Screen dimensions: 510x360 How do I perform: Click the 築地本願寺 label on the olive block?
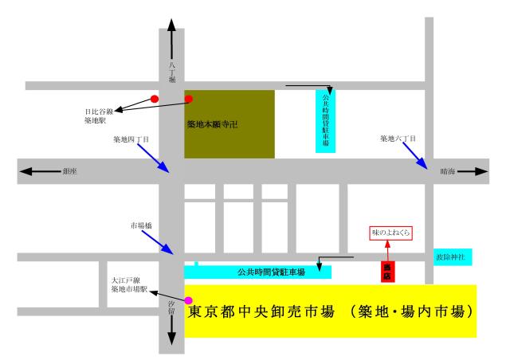point(213,124)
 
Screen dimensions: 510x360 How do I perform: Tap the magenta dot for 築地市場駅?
point(188,300)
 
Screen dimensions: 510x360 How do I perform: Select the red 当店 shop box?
point(388,272)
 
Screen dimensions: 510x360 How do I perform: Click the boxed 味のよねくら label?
point(390,233)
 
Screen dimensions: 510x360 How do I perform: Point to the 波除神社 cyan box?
point(453,257)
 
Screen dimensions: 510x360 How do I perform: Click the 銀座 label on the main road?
point(69,171)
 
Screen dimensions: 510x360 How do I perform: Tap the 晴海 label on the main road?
point(448,171)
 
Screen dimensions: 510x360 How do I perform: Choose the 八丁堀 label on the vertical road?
point(172,72)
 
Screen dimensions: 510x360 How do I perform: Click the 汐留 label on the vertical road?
point(171,307)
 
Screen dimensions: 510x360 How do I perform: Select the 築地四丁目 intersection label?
point(131,139)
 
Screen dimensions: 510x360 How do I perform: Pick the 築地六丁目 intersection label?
point(398,139)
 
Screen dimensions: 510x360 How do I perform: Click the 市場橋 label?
point(141,225)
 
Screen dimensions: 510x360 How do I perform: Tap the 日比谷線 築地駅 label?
point(99,116)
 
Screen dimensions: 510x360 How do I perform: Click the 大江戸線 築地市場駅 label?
point(129,284)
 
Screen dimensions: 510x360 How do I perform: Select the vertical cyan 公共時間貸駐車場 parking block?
point(325,121)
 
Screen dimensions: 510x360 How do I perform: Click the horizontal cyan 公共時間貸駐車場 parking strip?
point(258,272)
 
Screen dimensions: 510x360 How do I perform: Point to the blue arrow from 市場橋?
point(158,242)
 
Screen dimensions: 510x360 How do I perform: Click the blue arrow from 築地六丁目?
point(415,156)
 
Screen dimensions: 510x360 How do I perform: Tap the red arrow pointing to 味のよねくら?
point(388,250)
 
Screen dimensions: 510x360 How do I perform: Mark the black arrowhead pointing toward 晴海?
point(481,171)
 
